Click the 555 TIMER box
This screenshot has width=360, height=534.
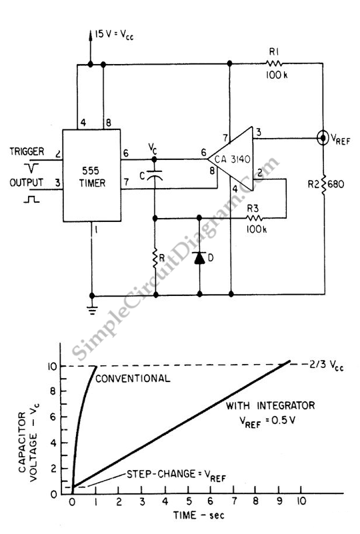pyautogui.click(x=91, y=175)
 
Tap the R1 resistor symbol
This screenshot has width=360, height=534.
pyautogui.click(x=274, y=63)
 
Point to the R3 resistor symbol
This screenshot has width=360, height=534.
pyautogui.click(x=255, y=218)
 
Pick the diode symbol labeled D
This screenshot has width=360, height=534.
pyautogui.click(x=199, y=258)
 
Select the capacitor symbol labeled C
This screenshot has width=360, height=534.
pyautogui.click(x=155, y=175)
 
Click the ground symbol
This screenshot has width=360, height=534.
pyautogui.click(x=91, y=309)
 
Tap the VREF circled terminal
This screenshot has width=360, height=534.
pyautogui.click(x=323, y=137)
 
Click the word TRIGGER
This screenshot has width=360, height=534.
pyautogui.click(x=27, y=151)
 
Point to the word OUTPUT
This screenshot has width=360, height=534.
pyautogui.click(x=26, y=183)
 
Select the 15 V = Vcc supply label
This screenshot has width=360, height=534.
pyautogui.click(x=114, y=35)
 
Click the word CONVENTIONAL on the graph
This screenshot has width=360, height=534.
pyautogui.click(x=133, y=379)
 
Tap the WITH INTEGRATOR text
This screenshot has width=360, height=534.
pyautogui.click(x=271, y=405)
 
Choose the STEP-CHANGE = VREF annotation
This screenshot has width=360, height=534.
pyautogui.click(x=176, y=475)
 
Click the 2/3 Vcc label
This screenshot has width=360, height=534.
pyautogui.click(x=326, y=365)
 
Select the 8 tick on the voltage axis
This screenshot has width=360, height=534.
pyautogui.click(x=53, y=391)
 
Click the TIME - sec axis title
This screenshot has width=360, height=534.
pyautogui.click(x=199, y=515)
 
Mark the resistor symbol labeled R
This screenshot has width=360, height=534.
pyautogui.click(x=155, y=259)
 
